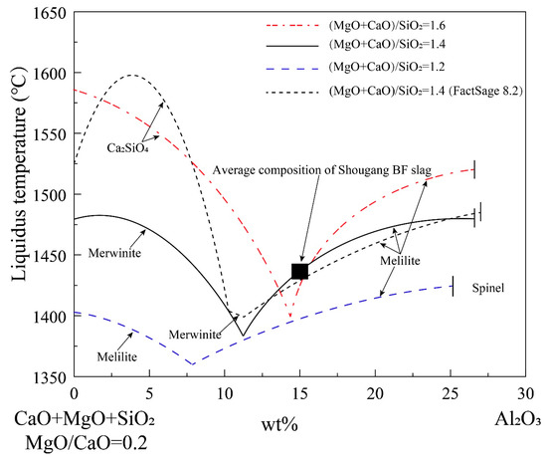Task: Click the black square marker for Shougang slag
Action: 299,271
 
